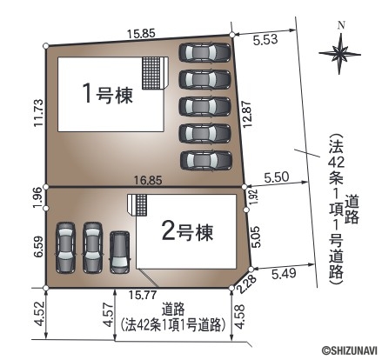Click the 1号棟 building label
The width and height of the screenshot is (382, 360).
tap(108, 94)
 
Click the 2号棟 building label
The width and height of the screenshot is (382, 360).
tap(188, 232)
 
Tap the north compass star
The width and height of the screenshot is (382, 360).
tap(339, 54)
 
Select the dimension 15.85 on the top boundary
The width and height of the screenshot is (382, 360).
tap(142, 34)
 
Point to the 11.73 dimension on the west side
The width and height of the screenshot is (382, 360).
tap(38, 113)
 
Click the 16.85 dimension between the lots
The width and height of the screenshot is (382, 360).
tap(148, 181)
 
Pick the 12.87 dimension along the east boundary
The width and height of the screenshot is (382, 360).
tap(246, 115)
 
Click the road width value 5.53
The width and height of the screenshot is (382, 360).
tap(265, 39)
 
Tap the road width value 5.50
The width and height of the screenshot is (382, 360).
tap(277, 177)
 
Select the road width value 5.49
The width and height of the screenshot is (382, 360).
tap(284, 273)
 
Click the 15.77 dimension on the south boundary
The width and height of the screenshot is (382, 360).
tap(143, 296)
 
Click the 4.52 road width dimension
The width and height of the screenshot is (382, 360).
tap(39, 314)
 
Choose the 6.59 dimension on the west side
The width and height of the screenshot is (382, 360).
tap(38, 247)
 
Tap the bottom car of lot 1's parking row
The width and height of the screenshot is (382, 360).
tap(206, 160)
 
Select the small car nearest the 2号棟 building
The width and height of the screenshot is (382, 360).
tap(119, 252)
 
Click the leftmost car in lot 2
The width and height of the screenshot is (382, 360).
tap(65, 248)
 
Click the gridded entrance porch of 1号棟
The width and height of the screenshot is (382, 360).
tap(151, 73)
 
